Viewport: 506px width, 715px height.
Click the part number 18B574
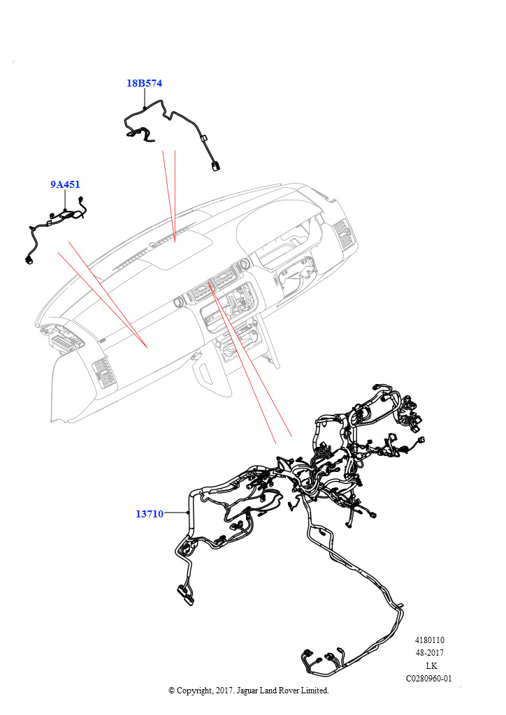[x=144, y=83]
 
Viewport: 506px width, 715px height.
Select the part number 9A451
[x=65, y=185]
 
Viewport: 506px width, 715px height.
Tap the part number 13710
[x=149, y=514]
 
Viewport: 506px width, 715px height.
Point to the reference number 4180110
[x=430, y=640]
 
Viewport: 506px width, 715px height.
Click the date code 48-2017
[x=430, y=653]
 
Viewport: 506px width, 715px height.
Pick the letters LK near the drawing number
[x=431, y=665]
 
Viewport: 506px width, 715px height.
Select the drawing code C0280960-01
[x=429, y=678]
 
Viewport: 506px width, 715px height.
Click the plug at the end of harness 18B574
[x=214, y=166]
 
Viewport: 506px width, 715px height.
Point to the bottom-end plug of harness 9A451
[x=29, y=260]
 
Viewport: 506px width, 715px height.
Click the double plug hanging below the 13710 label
[x=183, y=592]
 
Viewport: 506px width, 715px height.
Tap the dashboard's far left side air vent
[x=103, y=371]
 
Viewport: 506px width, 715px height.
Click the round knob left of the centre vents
[x=179, y=302]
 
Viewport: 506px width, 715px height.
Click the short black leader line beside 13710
[x=176, y=513]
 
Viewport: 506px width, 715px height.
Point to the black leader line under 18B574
[x=144, y=98]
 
